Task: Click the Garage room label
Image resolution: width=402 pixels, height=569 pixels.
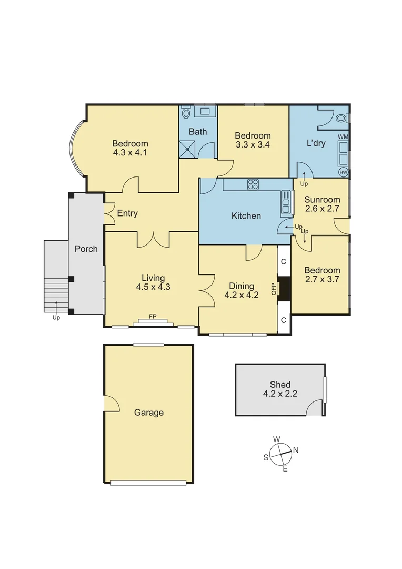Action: pos(148,413)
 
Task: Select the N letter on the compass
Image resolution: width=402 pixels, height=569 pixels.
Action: pos(296,450)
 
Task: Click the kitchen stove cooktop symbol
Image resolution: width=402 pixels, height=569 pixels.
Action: pos(253,184)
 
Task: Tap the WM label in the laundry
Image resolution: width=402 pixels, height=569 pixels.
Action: pos(343,137)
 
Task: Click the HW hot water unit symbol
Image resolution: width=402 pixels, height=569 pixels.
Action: pos(344,172)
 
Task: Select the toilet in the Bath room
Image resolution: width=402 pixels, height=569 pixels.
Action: pos(186,113)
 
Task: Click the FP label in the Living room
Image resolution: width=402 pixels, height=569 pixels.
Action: pos(153,317)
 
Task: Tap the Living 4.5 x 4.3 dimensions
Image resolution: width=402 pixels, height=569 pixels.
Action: pos(153,287)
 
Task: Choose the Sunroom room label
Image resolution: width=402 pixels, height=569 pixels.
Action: pos(322,200)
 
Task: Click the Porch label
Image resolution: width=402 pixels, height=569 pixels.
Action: pos(86,249)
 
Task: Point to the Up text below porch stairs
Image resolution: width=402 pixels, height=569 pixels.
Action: pos(56,318)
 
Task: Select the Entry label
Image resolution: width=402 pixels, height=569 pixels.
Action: pos(127,213)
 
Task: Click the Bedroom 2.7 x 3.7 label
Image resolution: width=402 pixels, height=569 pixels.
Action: pos(322,275)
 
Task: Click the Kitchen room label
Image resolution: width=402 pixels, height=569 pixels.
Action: pos(246,215)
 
